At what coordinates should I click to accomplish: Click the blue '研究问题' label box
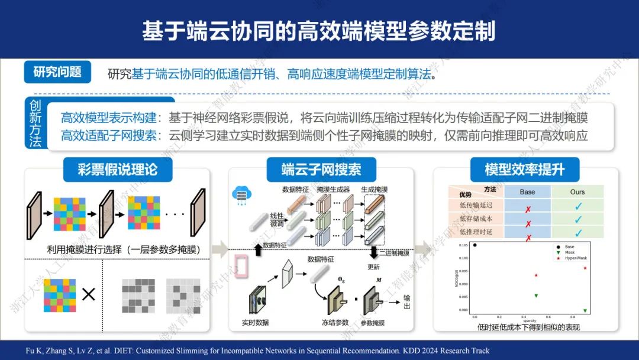[x=57, y=72]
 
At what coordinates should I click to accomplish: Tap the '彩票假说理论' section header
[x=118, y=170]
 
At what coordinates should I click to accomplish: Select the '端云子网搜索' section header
[x=321, y=170]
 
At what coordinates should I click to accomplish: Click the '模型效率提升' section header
[x=524, y=170]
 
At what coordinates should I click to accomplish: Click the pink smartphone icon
[x=241, y=267]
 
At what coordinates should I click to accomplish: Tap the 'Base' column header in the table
[x=527, y=192]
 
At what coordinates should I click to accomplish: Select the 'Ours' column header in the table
[x=577, y=192]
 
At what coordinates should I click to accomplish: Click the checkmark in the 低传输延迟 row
[x=578, y=205]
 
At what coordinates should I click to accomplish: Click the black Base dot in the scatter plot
[x=475, y=245]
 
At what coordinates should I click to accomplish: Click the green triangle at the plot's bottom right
[x=585, y=310]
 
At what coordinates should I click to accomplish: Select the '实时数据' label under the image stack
[x=255, y=323]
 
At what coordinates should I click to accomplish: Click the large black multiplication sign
[x=88, y=294]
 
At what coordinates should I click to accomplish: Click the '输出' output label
[x=407, y=301]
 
